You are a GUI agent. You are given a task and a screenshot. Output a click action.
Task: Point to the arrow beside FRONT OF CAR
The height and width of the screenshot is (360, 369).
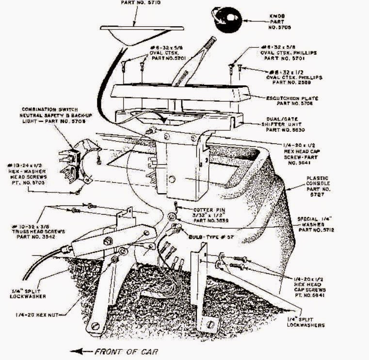[82, 351]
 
